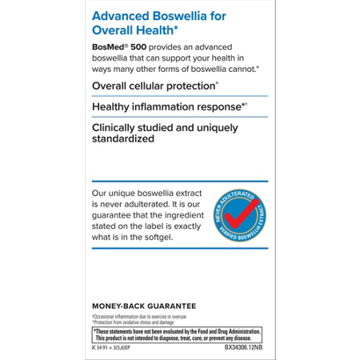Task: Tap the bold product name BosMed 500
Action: tap(118, 48)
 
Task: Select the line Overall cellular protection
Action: tap(154, 86)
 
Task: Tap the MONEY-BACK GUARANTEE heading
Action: tap(144, 306)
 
